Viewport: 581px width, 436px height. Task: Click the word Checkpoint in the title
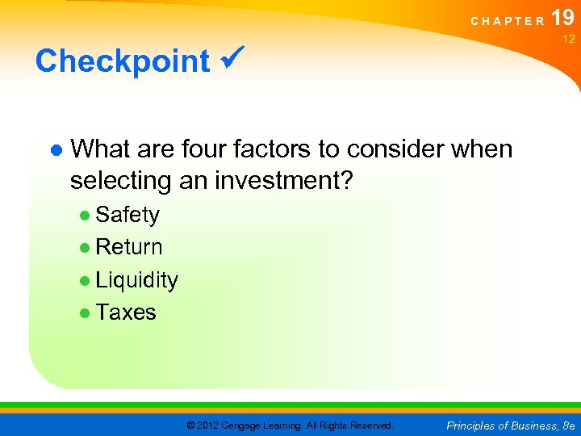tap(122, 61)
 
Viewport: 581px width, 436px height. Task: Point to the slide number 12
tap(568, 39)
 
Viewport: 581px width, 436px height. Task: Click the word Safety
tap(127, 215)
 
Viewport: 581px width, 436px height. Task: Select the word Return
tap(129, 247)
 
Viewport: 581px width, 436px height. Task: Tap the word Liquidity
tap(136, 280)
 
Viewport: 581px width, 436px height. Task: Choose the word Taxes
tap(126, 312)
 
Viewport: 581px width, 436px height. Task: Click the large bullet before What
tap(56, 150)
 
